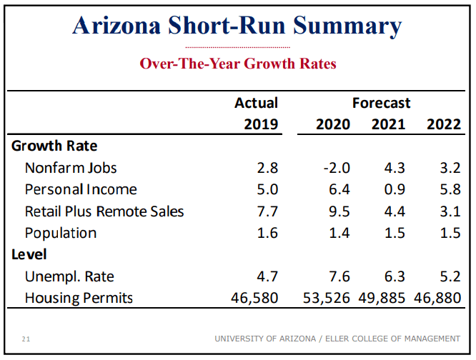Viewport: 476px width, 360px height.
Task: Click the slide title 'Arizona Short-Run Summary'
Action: pos(237,26)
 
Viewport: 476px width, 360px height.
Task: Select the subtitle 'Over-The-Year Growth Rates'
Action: pos(237,64)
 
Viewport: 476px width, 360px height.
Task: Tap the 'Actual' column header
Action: pos(256,103)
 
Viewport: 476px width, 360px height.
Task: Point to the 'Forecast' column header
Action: pos(381,103)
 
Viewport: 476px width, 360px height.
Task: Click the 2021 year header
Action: pos(388,124)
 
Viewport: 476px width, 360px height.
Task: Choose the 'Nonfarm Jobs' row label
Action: pos(71,168)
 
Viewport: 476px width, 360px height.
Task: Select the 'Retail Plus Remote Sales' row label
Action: pos(104,211)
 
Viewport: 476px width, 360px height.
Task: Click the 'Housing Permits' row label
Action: pos(79,298)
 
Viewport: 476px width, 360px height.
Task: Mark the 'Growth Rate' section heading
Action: pos(54,146)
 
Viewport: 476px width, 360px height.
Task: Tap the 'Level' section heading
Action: pos(29,254)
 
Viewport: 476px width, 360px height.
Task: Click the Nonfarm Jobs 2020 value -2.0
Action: pos(336,168)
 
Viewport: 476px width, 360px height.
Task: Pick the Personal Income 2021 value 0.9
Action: pos(394,190)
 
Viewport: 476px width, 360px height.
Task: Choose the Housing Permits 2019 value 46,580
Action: pos(254,298)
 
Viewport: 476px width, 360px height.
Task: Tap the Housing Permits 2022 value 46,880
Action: pos(437,298)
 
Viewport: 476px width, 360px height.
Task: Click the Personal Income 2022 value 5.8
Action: pos(449,190)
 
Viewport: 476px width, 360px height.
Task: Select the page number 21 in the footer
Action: pos(26,339)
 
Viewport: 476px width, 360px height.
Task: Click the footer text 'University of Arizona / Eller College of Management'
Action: pos(337,339)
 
